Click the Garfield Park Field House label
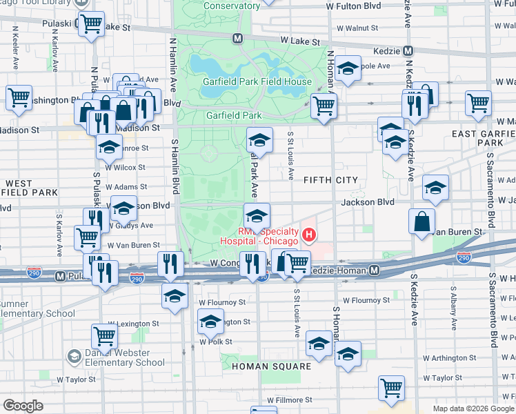257,81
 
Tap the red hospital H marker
309,236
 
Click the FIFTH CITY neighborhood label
330,180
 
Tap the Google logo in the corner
23,406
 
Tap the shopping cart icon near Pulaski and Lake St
91,25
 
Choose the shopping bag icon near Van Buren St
421,222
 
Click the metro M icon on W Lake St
237,39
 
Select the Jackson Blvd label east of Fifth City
375,202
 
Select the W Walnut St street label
357,28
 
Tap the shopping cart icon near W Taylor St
391,387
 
